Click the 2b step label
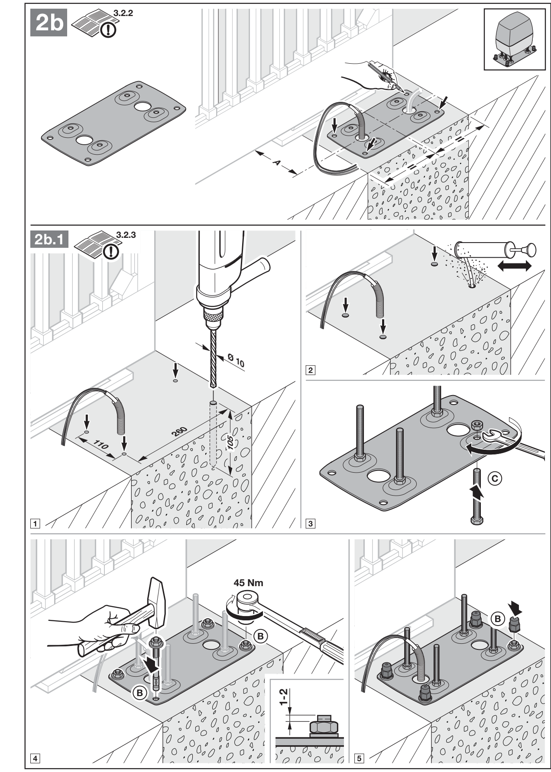pos(49,23)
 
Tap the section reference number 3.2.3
pos(126,235)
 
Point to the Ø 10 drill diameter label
pos(236,360)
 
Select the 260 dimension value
pos(178,432)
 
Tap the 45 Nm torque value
pos(248,583)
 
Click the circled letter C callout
pos(495,478)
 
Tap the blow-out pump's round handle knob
pos(530,250)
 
